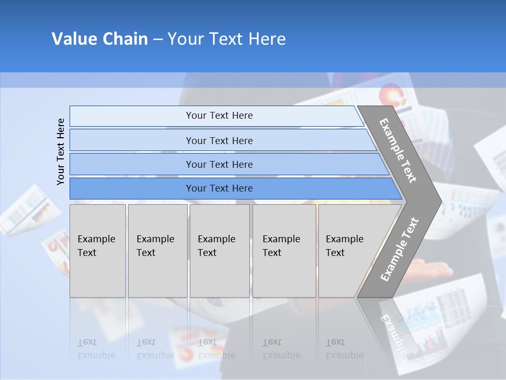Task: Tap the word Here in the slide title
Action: [x=267, y=39]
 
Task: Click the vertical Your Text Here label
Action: [x=61, y=152]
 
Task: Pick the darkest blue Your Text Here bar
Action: [x=219, y=188]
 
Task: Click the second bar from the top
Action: [x=219, y=140]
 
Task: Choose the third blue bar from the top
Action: [x=219, y=164]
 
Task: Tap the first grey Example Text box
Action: [x=98, y=251]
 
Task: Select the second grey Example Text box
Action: [x=157, y=251]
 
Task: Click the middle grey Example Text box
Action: [x=219, y=251]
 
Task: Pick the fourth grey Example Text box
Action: [x=284, y=251]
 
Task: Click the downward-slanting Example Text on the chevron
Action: [x=398, y=150]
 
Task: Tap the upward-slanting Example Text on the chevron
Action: [x=399, y=250]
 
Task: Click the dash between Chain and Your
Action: [x=158, y=40]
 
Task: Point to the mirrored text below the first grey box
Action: [x=96, y=349]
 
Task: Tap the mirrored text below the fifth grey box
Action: [x=344, y=349]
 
